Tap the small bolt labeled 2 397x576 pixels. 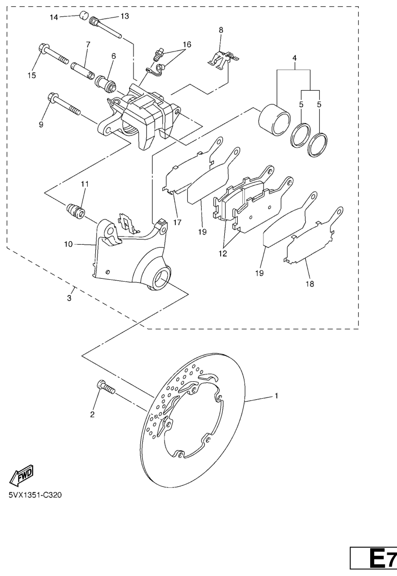click(x=106, y=387)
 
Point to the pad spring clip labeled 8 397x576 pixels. click(x=223, y=59)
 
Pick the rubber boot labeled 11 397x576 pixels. click(x=75, y=212)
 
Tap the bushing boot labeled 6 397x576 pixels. click(x=106, y=83)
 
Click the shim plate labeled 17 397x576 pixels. click(x=193, y=165)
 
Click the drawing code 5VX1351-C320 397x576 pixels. click(x=35, y=495)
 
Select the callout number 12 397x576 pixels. click(x=223, y=253)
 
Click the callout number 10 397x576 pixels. click(x=69, y=244)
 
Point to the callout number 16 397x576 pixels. click(x=187, y=44)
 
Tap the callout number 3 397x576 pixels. click(x=70, y=298)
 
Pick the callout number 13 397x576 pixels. click(x=125, y=16)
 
